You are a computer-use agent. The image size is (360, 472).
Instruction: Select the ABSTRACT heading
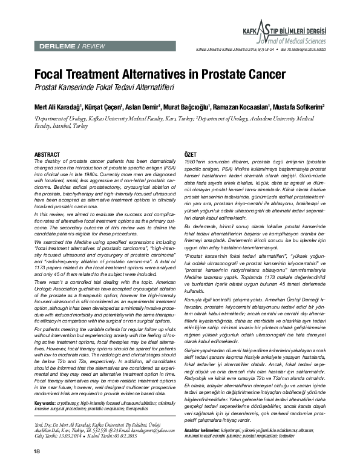coord(47,138)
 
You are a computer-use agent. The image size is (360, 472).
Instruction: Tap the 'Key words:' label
coord(46,385)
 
